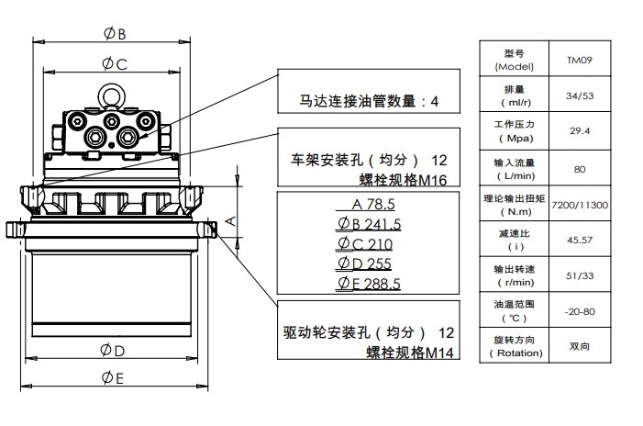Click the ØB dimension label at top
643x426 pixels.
pyautogui.click(x=115, y=34)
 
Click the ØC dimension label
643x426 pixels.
pyautogui.click(x=115, y=64)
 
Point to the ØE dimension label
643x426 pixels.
pyautogui.click(x=113, y=378)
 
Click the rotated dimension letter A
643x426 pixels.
pyautogui.click(x=232, y=220)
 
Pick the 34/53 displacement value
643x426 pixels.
pyautogui.click(x=580, y=95)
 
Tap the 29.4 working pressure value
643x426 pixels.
pyautogui.click(x=580, y=131)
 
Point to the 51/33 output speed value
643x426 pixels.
pyautogui.click(x=580, y=275)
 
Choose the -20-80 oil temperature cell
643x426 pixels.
pyautogui.click(x=580, y=311)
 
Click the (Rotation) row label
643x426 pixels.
pyautogui.click(x=514, y=353)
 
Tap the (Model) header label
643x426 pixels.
pyautogui.click(x=514, y=67)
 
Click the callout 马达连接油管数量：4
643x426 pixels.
pyautogui.click(x=369, y=102)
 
